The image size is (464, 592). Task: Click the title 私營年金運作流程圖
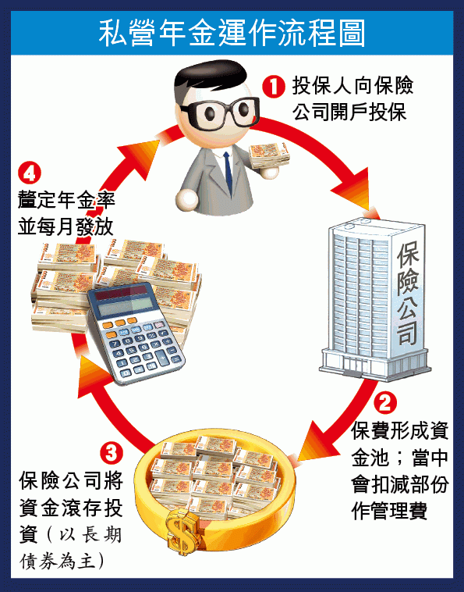232,34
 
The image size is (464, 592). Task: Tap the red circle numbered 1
273,87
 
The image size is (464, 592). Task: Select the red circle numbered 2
384,402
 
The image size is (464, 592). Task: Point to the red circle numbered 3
112,453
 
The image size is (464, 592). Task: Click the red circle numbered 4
29,173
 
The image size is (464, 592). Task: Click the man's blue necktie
228,172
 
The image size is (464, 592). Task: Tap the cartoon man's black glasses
221,112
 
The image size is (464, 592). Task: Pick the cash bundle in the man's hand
270,155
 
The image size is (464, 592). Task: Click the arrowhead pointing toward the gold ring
317,442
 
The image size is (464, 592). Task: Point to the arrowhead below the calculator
92,377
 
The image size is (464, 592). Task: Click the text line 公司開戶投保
349,112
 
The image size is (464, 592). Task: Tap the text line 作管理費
389,512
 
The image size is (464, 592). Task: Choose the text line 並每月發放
66,227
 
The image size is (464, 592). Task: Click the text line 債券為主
62,561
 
